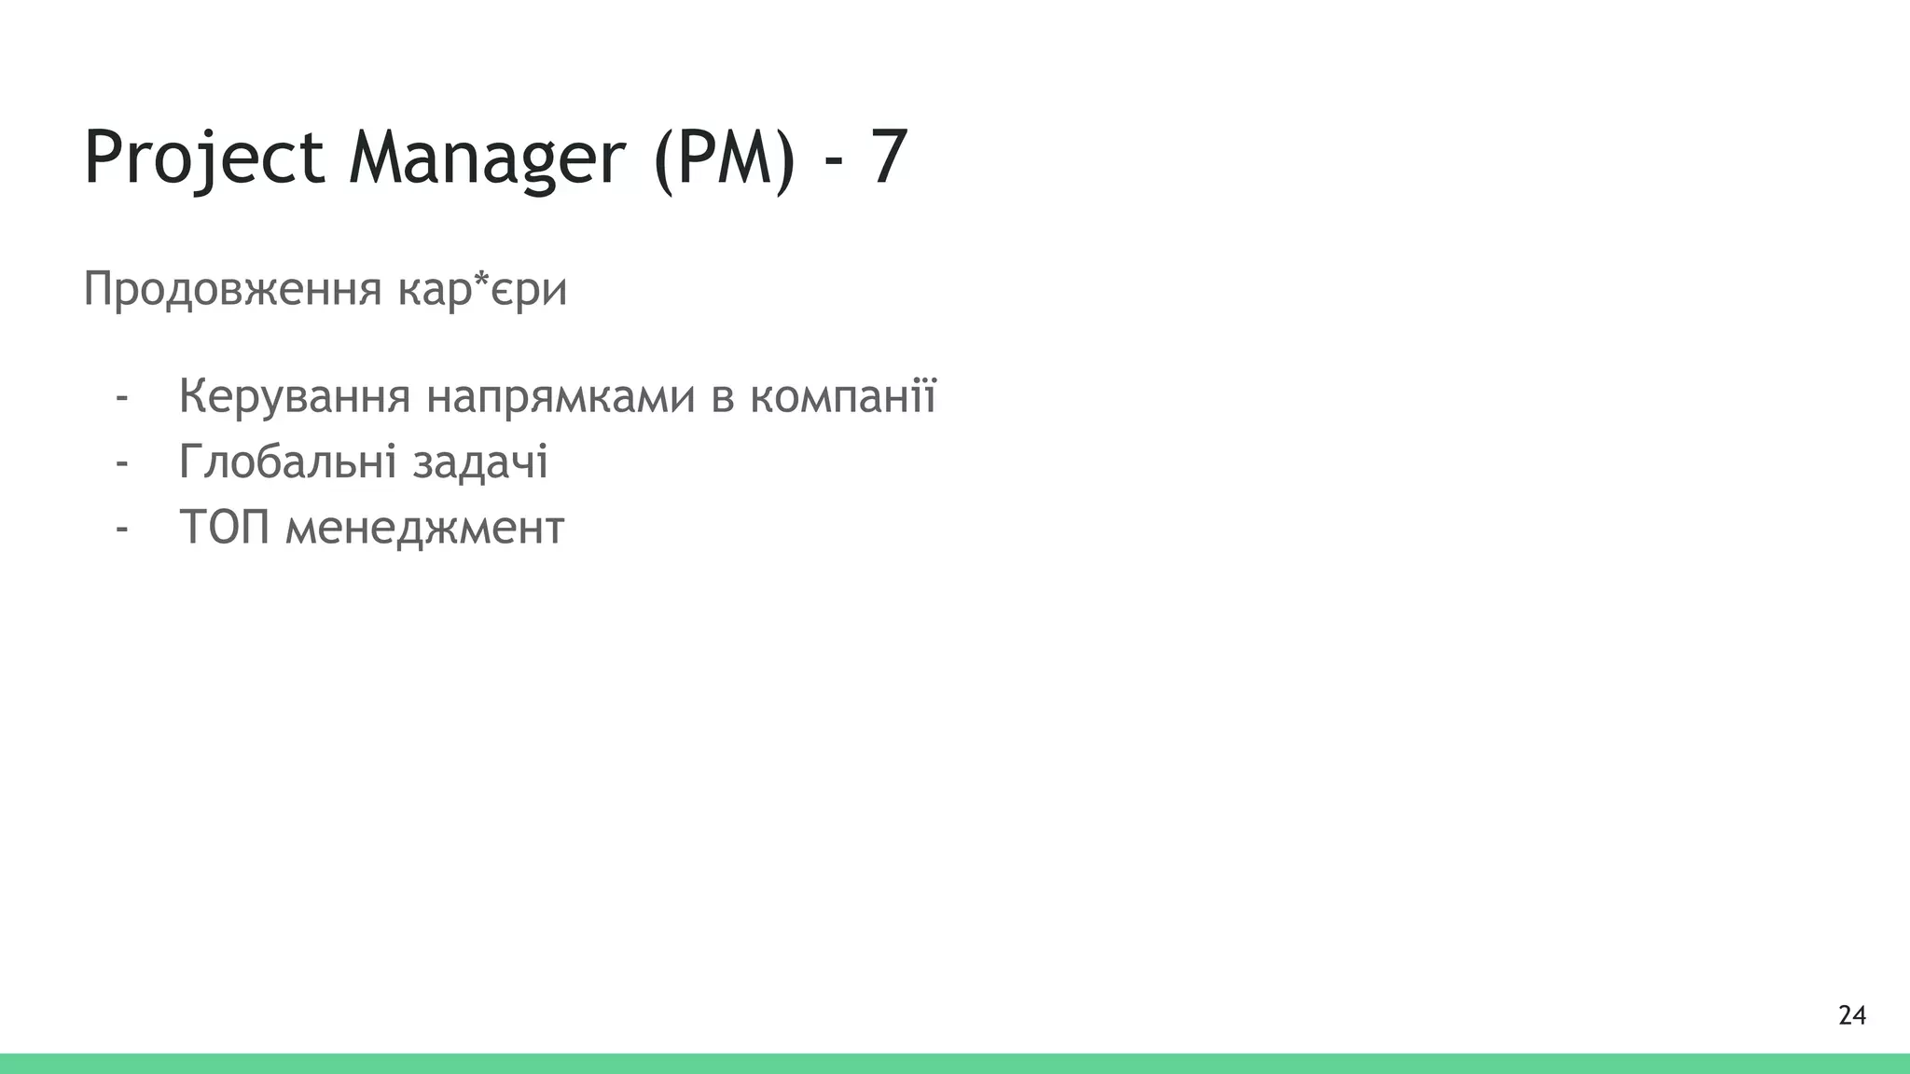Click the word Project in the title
click(203, 158)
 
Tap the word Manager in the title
click(486, 158)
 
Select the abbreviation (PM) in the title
click(725, 158)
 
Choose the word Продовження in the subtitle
click(232, 289)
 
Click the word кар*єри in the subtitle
click(482, 289)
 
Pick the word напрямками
click(561, 397)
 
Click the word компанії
click(843, 397)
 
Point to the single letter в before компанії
click(722, 399)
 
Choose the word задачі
click(480, 462)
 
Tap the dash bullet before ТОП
click(121, 530)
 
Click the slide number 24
click(1851, 1015)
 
